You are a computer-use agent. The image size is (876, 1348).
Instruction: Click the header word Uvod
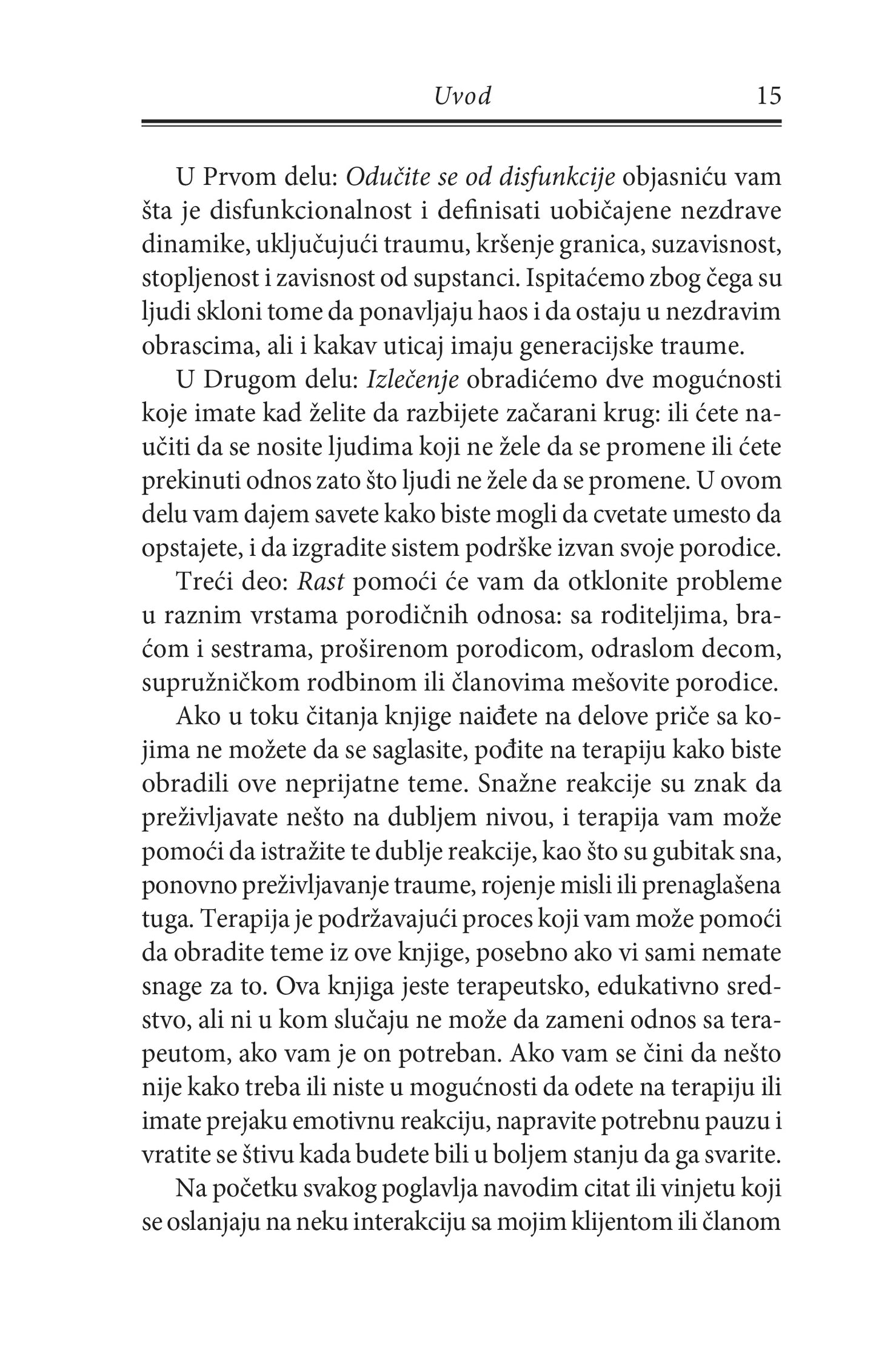click(x=463, y=97)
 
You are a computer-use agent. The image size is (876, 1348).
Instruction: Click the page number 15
click(x=768, y=96)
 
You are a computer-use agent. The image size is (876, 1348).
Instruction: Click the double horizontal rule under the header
click(x=461, y=123)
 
